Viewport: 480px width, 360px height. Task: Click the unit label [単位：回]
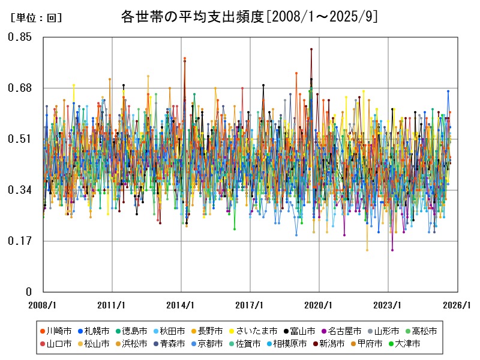36,18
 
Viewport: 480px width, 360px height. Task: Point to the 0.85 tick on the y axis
19,37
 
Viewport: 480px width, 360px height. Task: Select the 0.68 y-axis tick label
19,88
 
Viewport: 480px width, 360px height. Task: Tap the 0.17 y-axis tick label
19,241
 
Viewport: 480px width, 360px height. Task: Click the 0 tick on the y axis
28,292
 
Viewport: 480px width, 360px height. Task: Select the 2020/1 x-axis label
319,305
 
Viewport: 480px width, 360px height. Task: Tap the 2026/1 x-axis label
457,305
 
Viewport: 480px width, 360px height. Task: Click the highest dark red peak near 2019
311,49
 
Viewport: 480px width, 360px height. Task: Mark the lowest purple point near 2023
392,250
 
